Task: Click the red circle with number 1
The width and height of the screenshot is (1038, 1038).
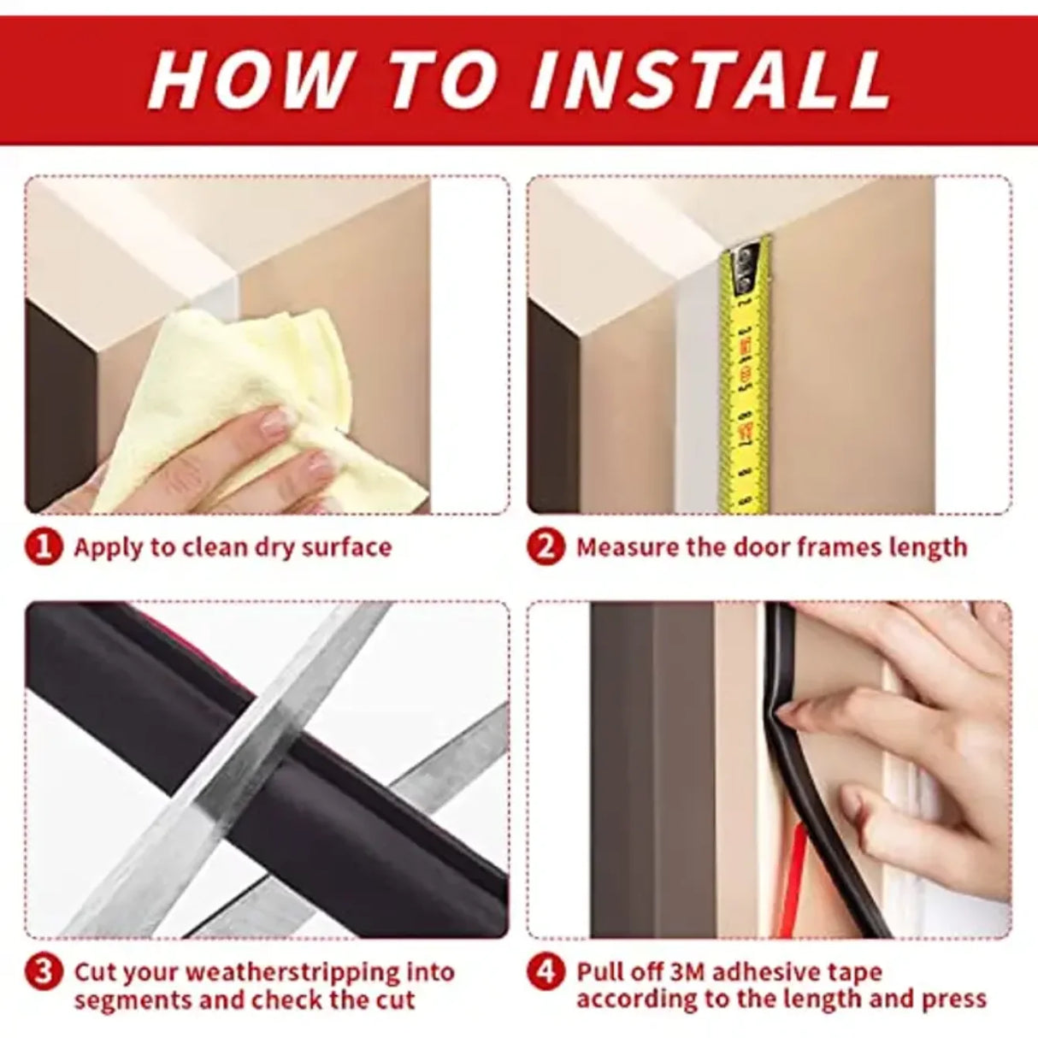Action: click(44, 547)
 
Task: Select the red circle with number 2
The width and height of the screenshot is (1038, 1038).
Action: click(546, 547)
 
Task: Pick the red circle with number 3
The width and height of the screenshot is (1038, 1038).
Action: click(44, 972)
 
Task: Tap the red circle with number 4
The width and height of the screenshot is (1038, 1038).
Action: click(546, 972)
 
